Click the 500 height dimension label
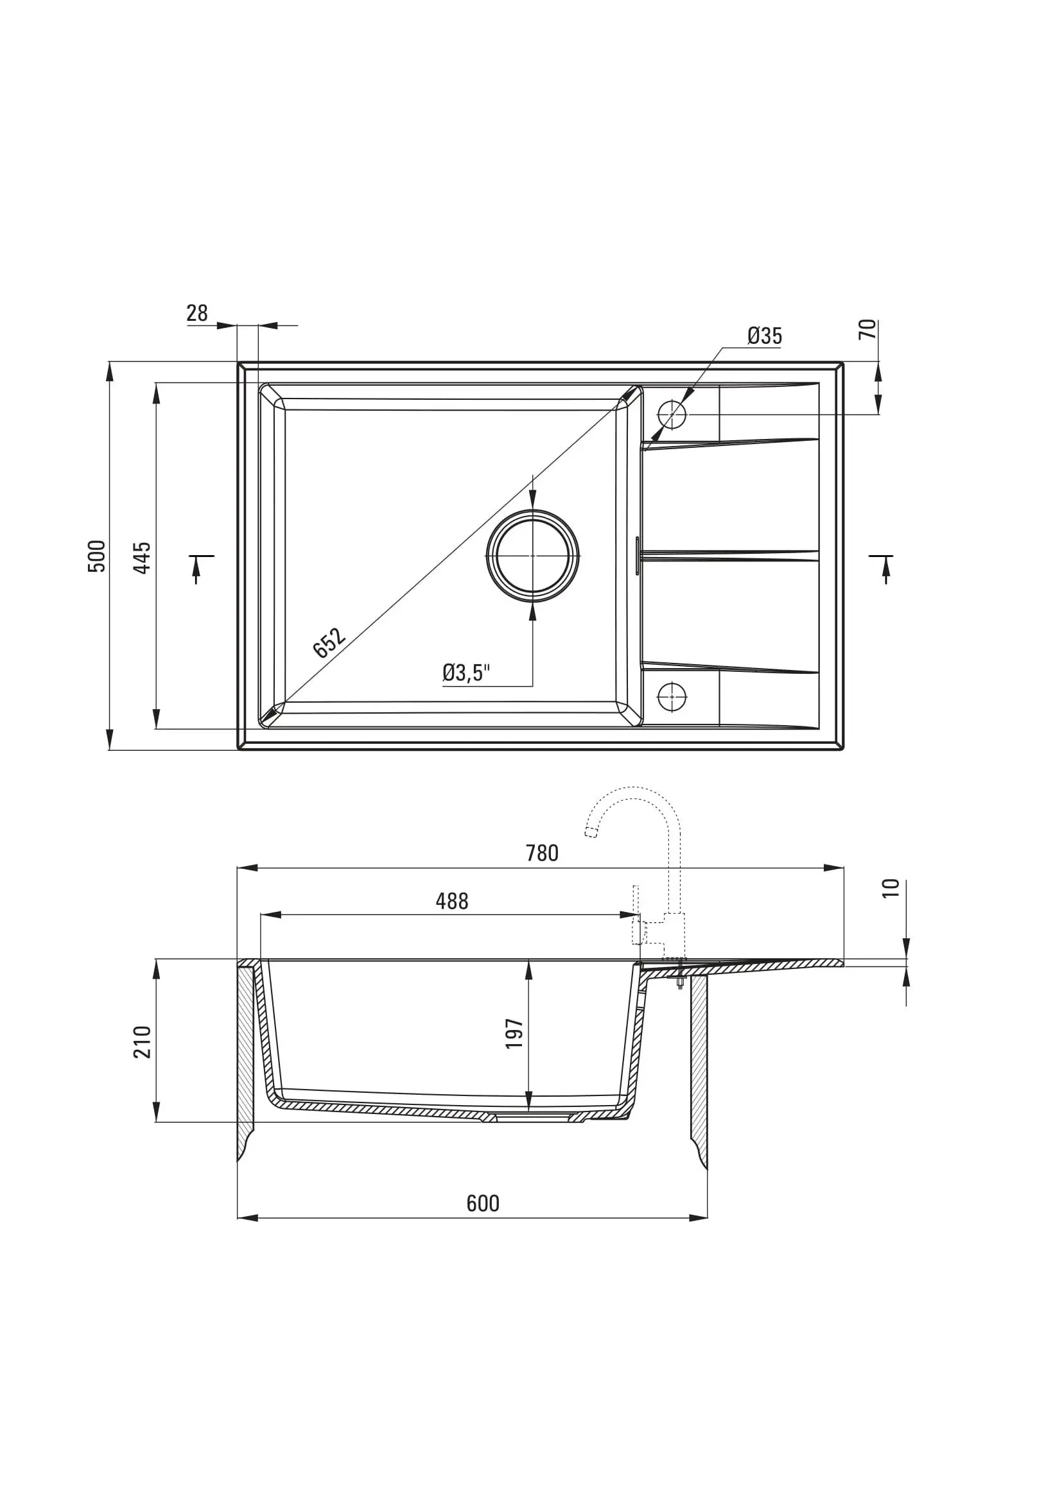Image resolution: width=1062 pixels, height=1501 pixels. [x=96, y=556]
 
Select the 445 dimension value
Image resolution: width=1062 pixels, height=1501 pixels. [x=142, y=558]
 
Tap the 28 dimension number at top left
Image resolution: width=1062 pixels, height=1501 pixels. [x=197, y=313]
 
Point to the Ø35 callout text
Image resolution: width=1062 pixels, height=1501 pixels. [x=765, y=336]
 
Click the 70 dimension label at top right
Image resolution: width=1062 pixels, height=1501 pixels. [x=866, y=329]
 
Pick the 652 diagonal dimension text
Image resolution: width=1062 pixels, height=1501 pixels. [x=329, y=642]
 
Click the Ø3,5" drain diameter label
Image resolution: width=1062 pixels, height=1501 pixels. [x=466, y=672]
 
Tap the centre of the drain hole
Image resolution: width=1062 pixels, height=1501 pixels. [x=532, y=556]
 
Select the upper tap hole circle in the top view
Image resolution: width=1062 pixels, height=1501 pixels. [x=672, y=415]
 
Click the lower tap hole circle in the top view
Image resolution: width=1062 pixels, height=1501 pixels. [x=672, y=697]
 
